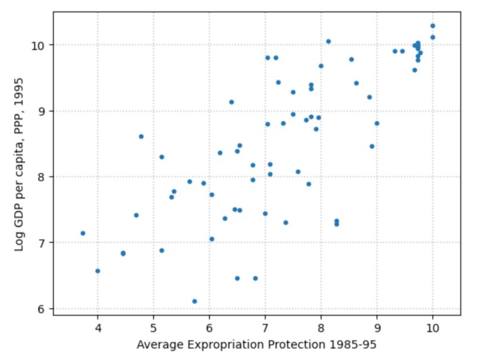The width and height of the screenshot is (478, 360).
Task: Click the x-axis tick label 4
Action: pyautogui.click(x=97, y=327)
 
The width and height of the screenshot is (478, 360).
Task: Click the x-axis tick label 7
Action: pyautogui.click(x=265, y=327)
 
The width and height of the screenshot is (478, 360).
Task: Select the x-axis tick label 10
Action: pyautogui.click(x=433, y=327)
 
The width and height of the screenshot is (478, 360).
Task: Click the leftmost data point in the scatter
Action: pyautogui.click(x=83, y=233)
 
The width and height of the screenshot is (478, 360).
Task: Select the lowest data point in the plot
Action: pyautogui.click(x=194, y=301)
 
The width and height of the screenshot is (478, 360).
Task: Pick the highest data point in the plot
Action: pyautogui.click(x=433, y=26)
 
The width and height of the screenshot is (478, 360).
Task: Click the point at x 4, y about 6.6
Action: pyautogui.click(x=97, y=271)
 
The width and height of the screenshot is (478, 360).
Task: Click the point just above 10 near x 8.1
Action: pyautogui.click(x=328, y=42)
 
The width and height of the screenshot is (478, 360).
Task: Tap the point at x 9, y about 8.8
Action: pyautogui.click(x=376, y=124)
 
